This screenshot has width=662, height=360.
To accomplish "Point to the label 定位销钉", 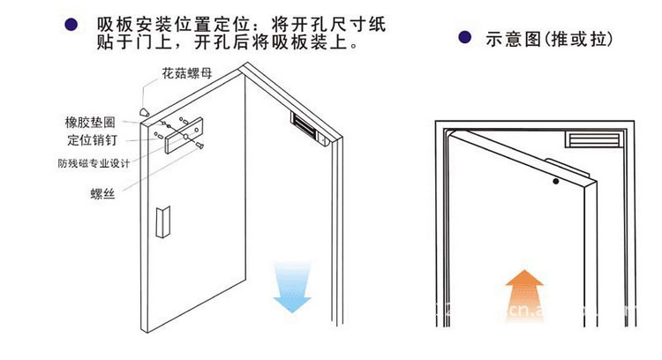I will (91, 140).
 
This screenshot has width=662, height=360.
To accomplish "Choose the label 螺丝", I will (103, 192).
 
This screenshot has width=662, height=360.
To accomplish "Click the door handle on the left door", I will (162, 223).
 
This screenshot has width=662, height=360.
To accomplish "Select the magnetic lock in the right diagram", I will (595, 139).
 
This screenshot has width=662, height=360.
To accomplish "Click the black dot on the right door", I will (556, 184).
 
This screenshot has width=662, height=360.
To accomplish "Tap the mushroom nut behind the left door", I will (143, 111).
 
